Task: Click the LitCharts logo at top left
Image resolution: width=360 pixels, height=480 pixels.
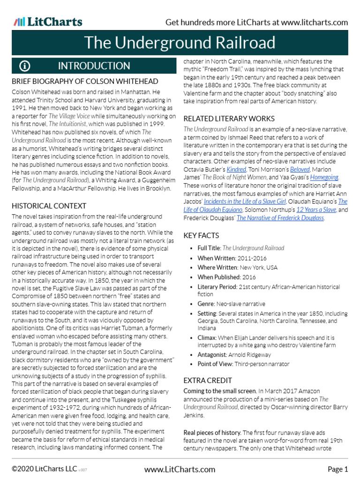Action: pos(48,22)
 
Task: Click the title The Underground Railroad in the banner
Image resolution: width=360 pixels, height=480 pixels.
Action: pos(180,43)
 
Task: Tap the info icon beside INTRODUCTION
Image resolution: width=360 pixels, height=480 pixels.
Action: pos(25,66)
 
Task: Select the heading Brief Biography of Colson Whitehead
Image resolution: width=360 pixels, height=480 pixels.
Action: pos(82,82)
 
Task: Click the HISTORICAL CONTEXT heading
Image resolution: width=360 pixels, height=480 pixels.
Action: pos(49,206)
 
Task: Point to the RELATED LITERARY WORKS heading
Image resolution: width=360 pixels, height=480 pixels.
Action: pos(229,119)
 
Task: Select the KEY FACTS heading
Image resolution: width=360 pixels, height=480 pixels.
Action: pos(201,235)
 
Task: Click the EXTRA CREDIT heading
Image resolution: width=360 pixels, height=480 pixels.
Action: pos(208,380)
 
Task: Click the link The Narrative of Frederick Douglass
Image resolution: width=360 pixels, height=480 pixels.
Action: pos(280,218)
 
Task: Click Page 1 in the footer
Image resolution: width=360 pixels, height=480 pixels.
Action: pos(337,469)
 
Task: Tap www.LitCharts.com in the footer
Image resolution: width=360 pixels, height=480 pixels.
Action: pos(180,469)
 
